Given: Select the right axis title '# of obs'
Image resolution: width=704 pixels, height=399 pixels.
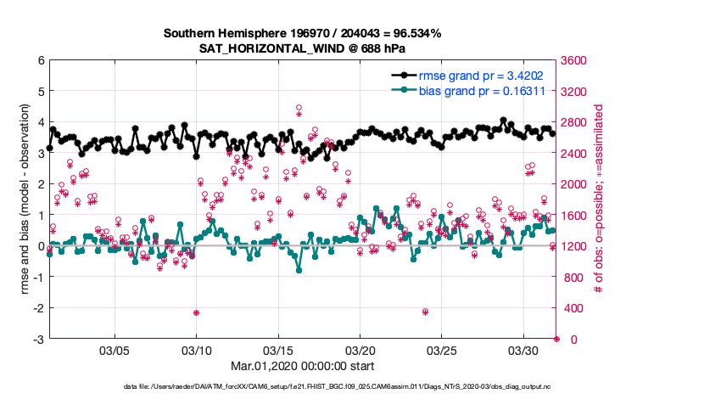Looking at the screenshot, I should pyautogui.click(x=599, y=200).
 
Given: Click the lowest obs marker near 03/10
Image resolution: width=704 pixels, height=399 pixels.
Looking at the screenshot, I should pyautogui.click(x=196, y=312).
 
